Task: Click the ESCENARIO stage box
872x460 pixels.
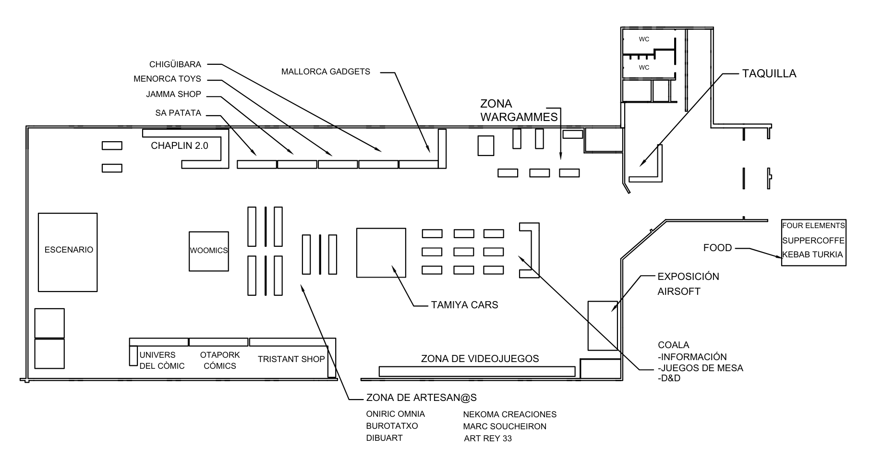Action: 68,252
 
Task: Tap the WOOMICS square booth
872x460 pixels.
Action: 208,251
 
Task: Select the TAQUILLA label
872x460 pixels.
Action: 769,74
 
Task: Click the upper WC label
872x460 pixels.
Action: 643,39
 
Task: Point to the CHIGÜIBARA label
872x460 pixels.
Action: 175,64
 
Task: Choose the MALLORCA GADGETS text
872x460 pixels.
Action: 326,72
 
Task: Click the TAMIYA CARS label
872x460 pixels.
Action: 464,305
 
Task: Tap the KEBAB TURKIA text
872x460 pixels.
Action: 812,254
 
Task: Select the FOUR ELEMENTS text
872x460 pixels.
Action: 813,225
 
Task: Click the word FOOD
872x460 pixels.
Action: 717,248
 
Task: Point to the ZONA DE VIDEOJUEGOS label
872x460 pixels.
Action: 480,359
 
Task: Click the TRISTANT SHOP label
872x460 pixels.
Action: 291,359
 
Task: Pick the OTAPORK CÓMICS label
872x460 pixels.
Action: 220,360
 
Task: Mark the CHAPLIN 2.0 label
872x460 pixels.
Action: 180,145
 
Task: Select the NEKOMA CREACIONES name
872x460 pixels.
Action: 509,414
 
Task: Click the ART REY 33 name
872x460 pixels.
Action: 487,438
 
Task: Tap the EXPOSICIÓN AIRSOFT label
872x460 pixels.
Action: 688,284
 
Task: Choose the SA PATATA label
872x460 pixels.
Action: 178,113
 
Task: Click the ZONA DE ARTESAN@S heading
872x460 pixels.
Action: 421,398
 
